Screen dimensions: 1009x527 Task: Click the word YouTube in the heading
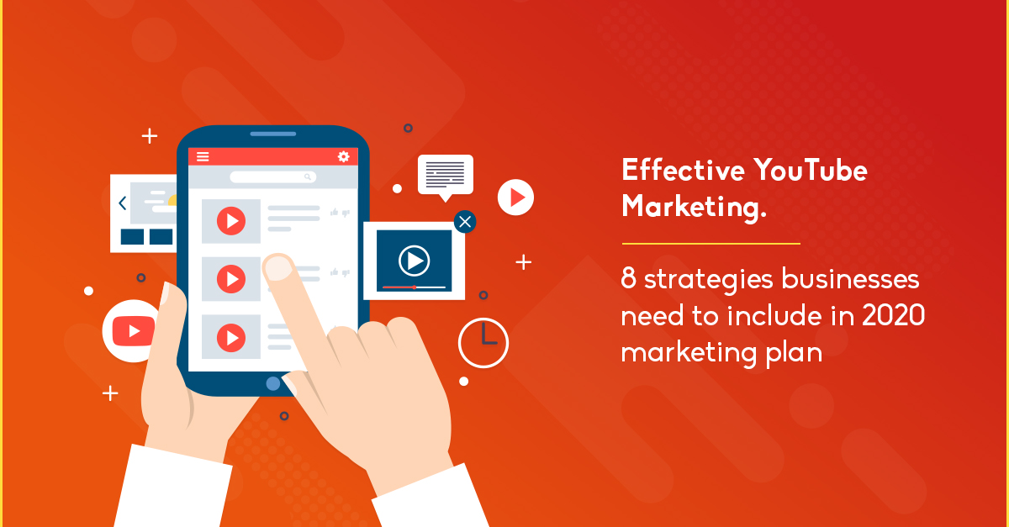[x=811, y=171]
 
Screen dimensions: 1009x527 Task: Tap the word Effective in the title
[x=684, y=170]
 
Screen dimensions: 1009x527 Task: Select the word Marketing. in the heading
[x=695, y=208]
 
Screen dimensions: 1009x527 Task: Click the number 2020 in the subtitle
[x=894, y=315]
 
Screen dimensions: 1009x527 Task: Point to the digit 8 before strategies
[x=628, y=278]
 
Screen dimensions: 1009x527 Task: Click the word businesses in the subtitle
[x=850, y=278]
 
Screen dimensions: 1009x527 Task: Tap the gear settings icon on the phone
[x=344, y=156]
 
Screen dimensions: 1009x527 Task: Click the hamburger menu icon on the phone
[x=203, y=156]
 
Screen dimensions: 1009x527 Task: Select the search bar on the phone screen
[x=273, y=177]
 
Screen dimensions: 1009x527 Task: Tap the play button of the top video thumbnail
[x=231, y=221]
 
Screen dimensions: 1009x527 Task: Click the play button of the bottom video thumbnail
[x=231, y=337]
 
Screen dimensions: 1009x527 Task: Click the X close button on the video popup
[x=465, y=222]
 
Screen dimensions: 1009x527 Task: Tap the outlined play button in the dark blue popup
[x=414, y=261]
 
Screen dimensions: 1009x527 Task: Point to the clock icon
[x=483, y=343]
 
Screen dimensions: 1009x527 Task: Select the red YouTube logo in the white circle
[x=134, y=331]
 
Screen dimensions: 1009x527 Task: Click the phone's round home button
[x=273, y=383]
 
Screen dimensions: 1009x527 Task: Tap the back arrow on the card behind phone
[x=122, y=203]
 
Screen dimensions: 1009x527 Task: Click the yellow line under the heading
[x=711, y=244]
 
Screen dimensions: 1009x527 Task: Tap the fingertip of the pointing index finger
[x=278, y=267]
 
